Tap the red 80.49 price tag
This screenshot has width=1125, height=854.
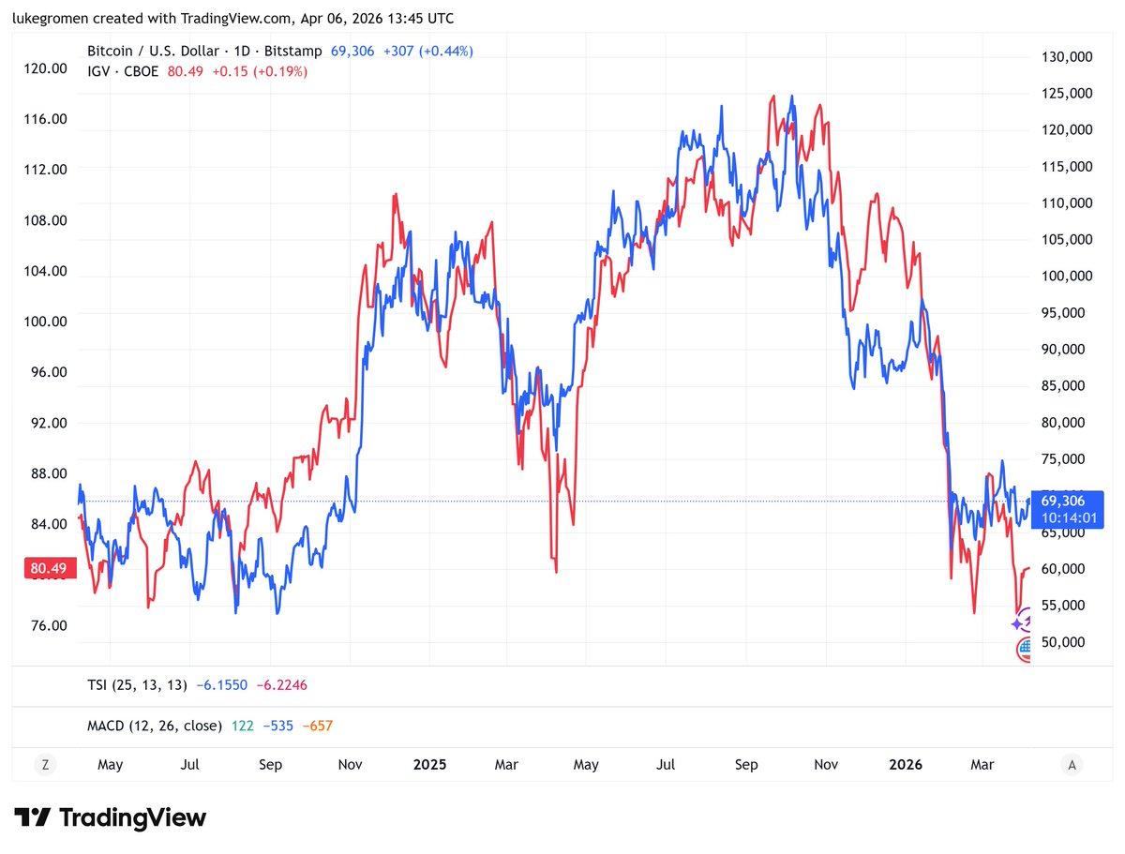47,568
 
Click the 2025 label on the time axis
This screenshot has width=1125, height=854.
429,765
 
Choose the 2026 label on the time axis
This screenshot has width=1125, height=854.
905,765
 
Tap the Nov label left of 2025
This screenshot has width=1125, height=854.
350,765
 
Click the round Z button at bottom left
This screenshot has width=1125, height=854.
44,765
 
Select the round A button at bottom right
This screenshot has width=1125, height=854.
1071,765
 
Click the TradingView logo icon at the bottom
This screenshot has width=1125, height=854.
33,817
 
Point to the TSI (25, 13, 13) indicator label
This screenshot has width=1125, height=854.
137,685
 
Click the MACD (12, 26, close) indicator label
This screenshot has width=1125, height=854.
155,726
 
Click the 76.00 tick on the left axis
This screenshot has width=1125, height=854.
49,625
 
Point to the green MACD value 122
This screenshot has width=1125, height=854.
241,726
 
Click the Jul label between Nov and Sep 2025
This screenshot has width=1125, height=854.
666,765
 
